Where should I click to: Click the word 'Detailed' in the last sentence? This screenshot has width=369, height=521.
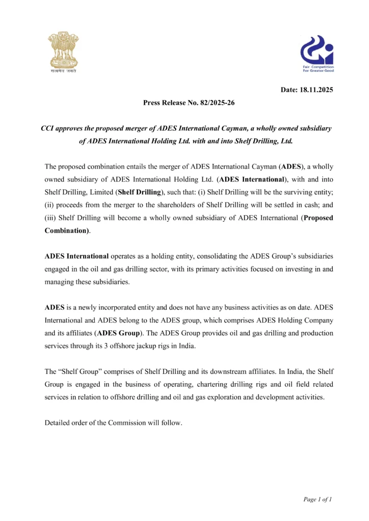(x=58, y=423)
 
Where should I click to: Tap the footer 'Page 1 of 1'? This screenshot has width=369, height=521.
(x=318, y=499)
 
